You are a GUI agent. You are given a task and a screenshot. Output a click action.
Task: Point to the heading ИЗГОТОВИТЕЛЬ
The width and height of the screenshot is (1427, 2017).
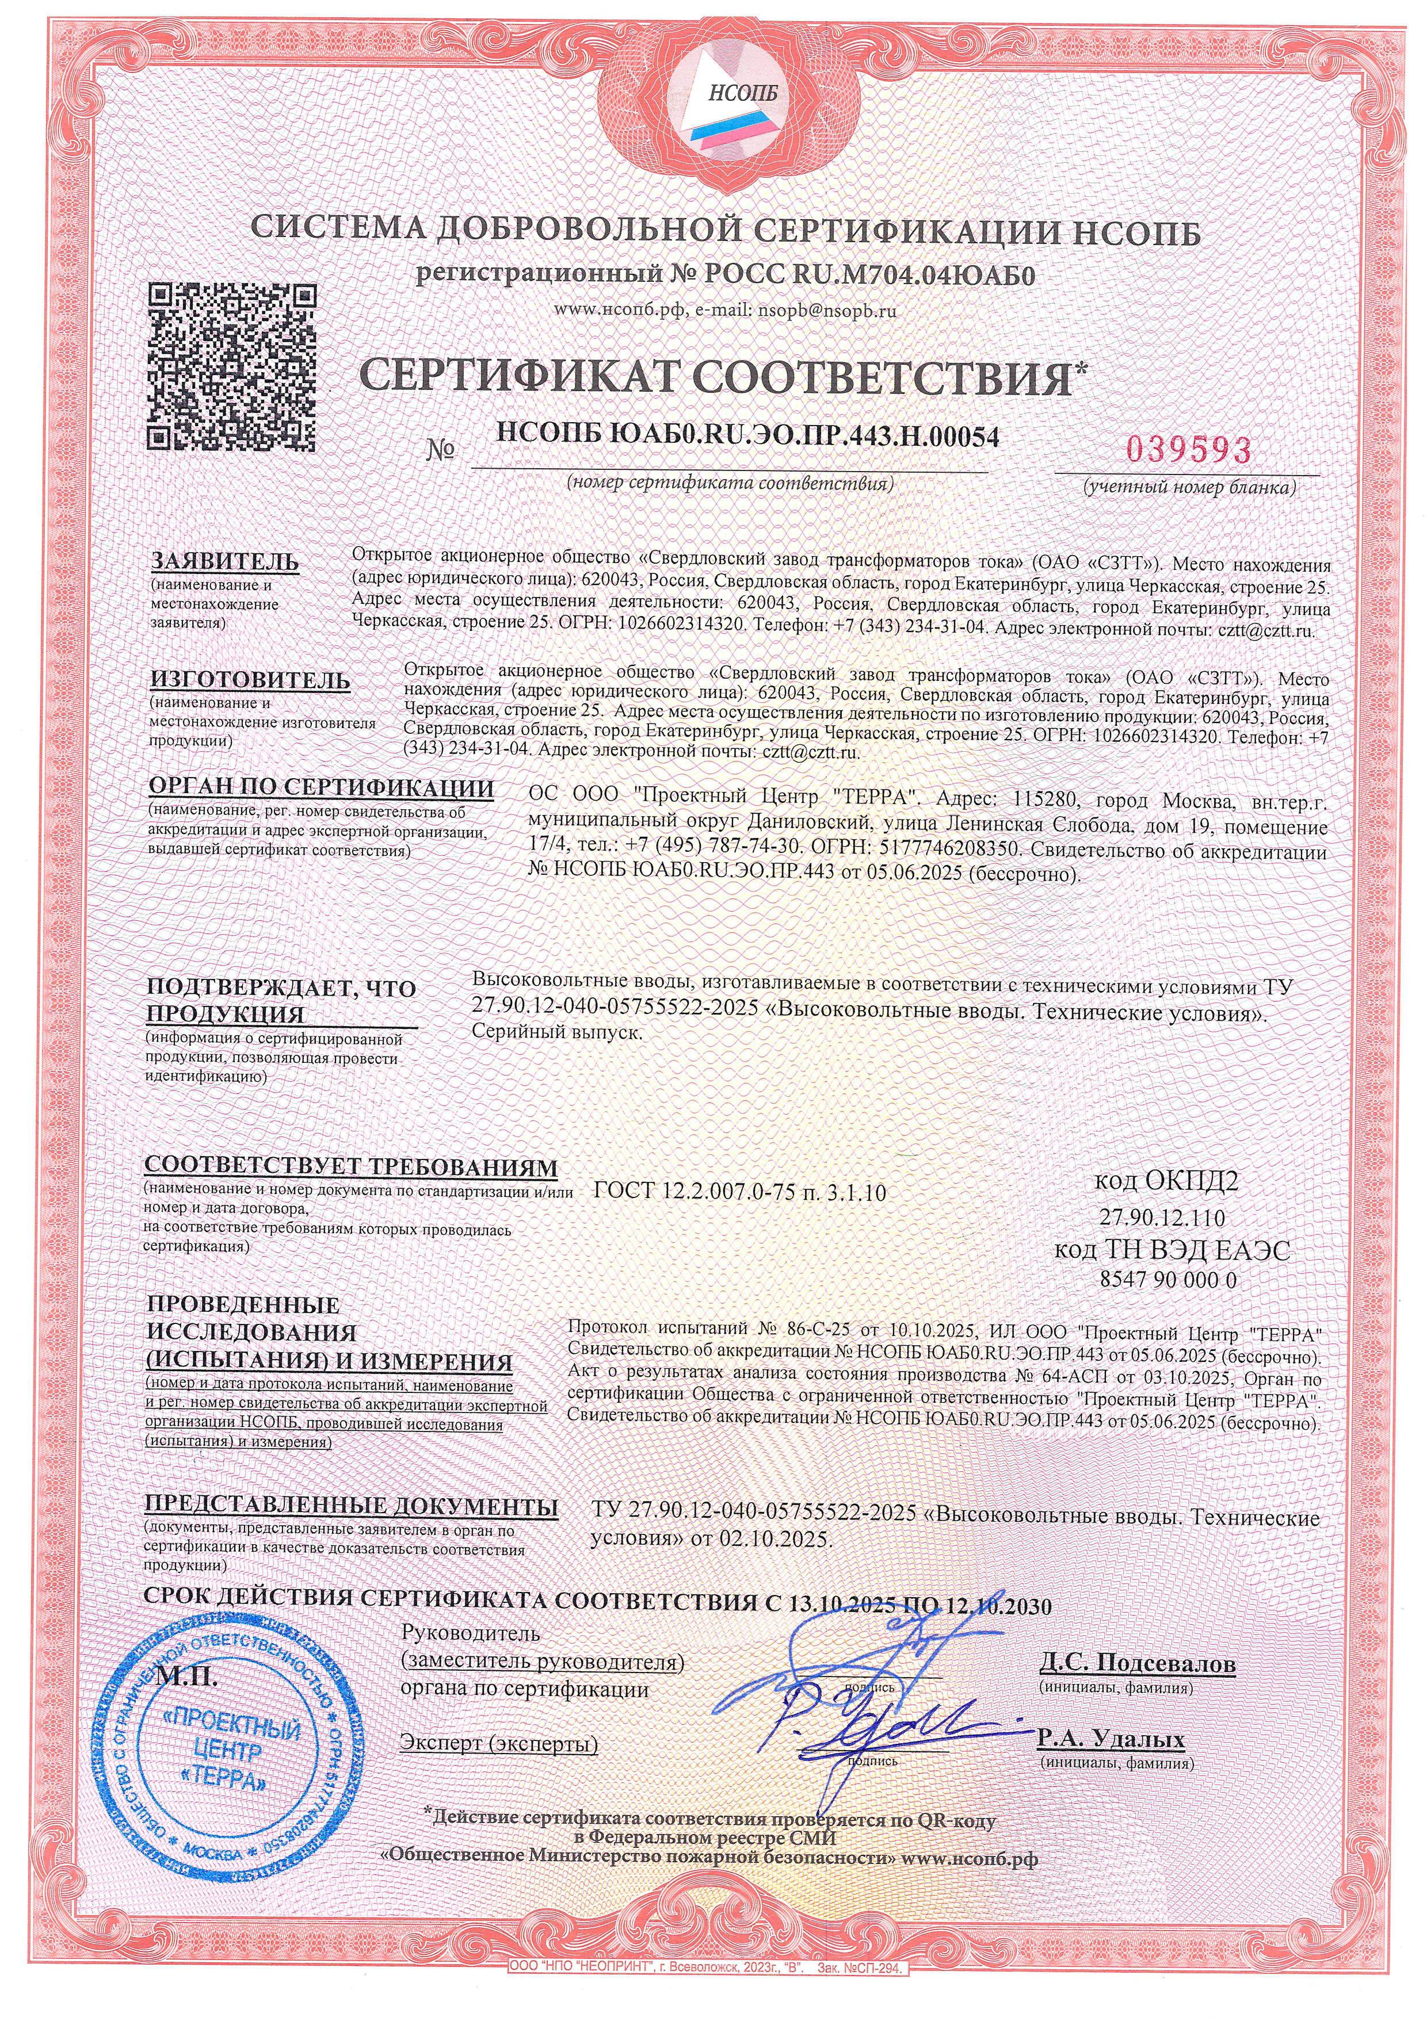click(x=250, y=680)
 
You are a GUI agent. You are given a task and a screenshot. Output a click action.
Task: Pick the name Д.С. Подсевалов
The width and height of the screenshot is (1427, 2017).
click(x=1137, y=1664)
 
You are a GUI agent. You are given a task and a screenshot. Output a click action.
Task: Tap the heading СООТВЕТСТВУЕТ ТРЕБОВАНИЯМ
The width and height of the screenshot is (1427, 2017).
click(x=350, y=1166)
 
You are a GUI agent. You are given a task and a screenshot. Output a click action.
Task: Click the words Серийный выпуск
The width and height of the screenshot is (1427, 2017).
click(x=557, y=1032)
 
